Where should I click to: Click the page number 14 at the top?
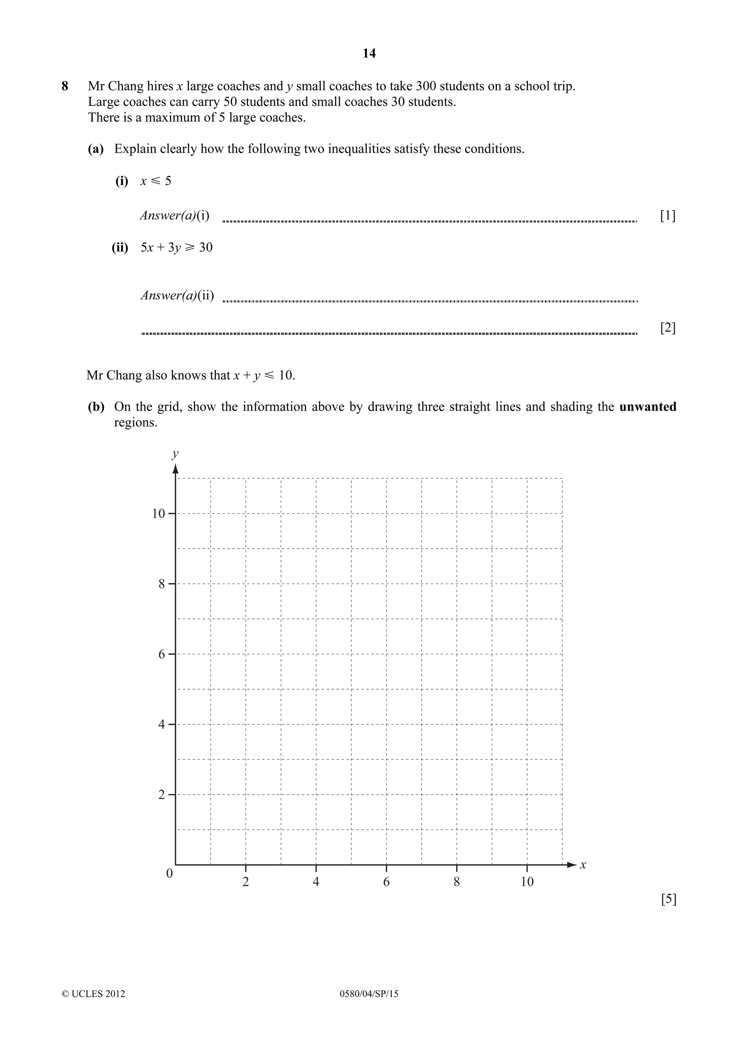coord(369,54)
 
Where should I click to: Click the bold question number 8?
coord(65,86)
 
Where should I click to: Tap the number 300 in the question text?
coord(426,86)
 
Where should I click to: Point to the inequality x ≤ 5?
coord(156,181)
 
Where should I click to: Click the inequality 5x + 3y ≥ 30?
coord(177,247)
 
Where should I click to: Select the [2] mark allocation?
coord(667,327)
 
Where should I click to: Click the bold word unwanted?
coord(648,406)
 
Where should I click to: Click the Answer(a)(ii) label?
coord(177,295)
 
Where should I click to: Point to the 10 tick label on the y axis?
coord(158,514)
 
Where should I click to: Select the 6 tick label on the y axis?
coord(161,654)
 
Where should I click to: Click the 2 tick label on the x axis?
coord(245,882)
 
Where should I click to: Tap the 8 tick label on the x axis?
coord(457,882)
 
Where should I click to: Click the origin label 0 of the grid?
coord(170,874)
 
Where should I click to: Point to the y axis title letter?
coord(175,454)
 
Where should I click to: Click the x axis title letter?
coord(583,865)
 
